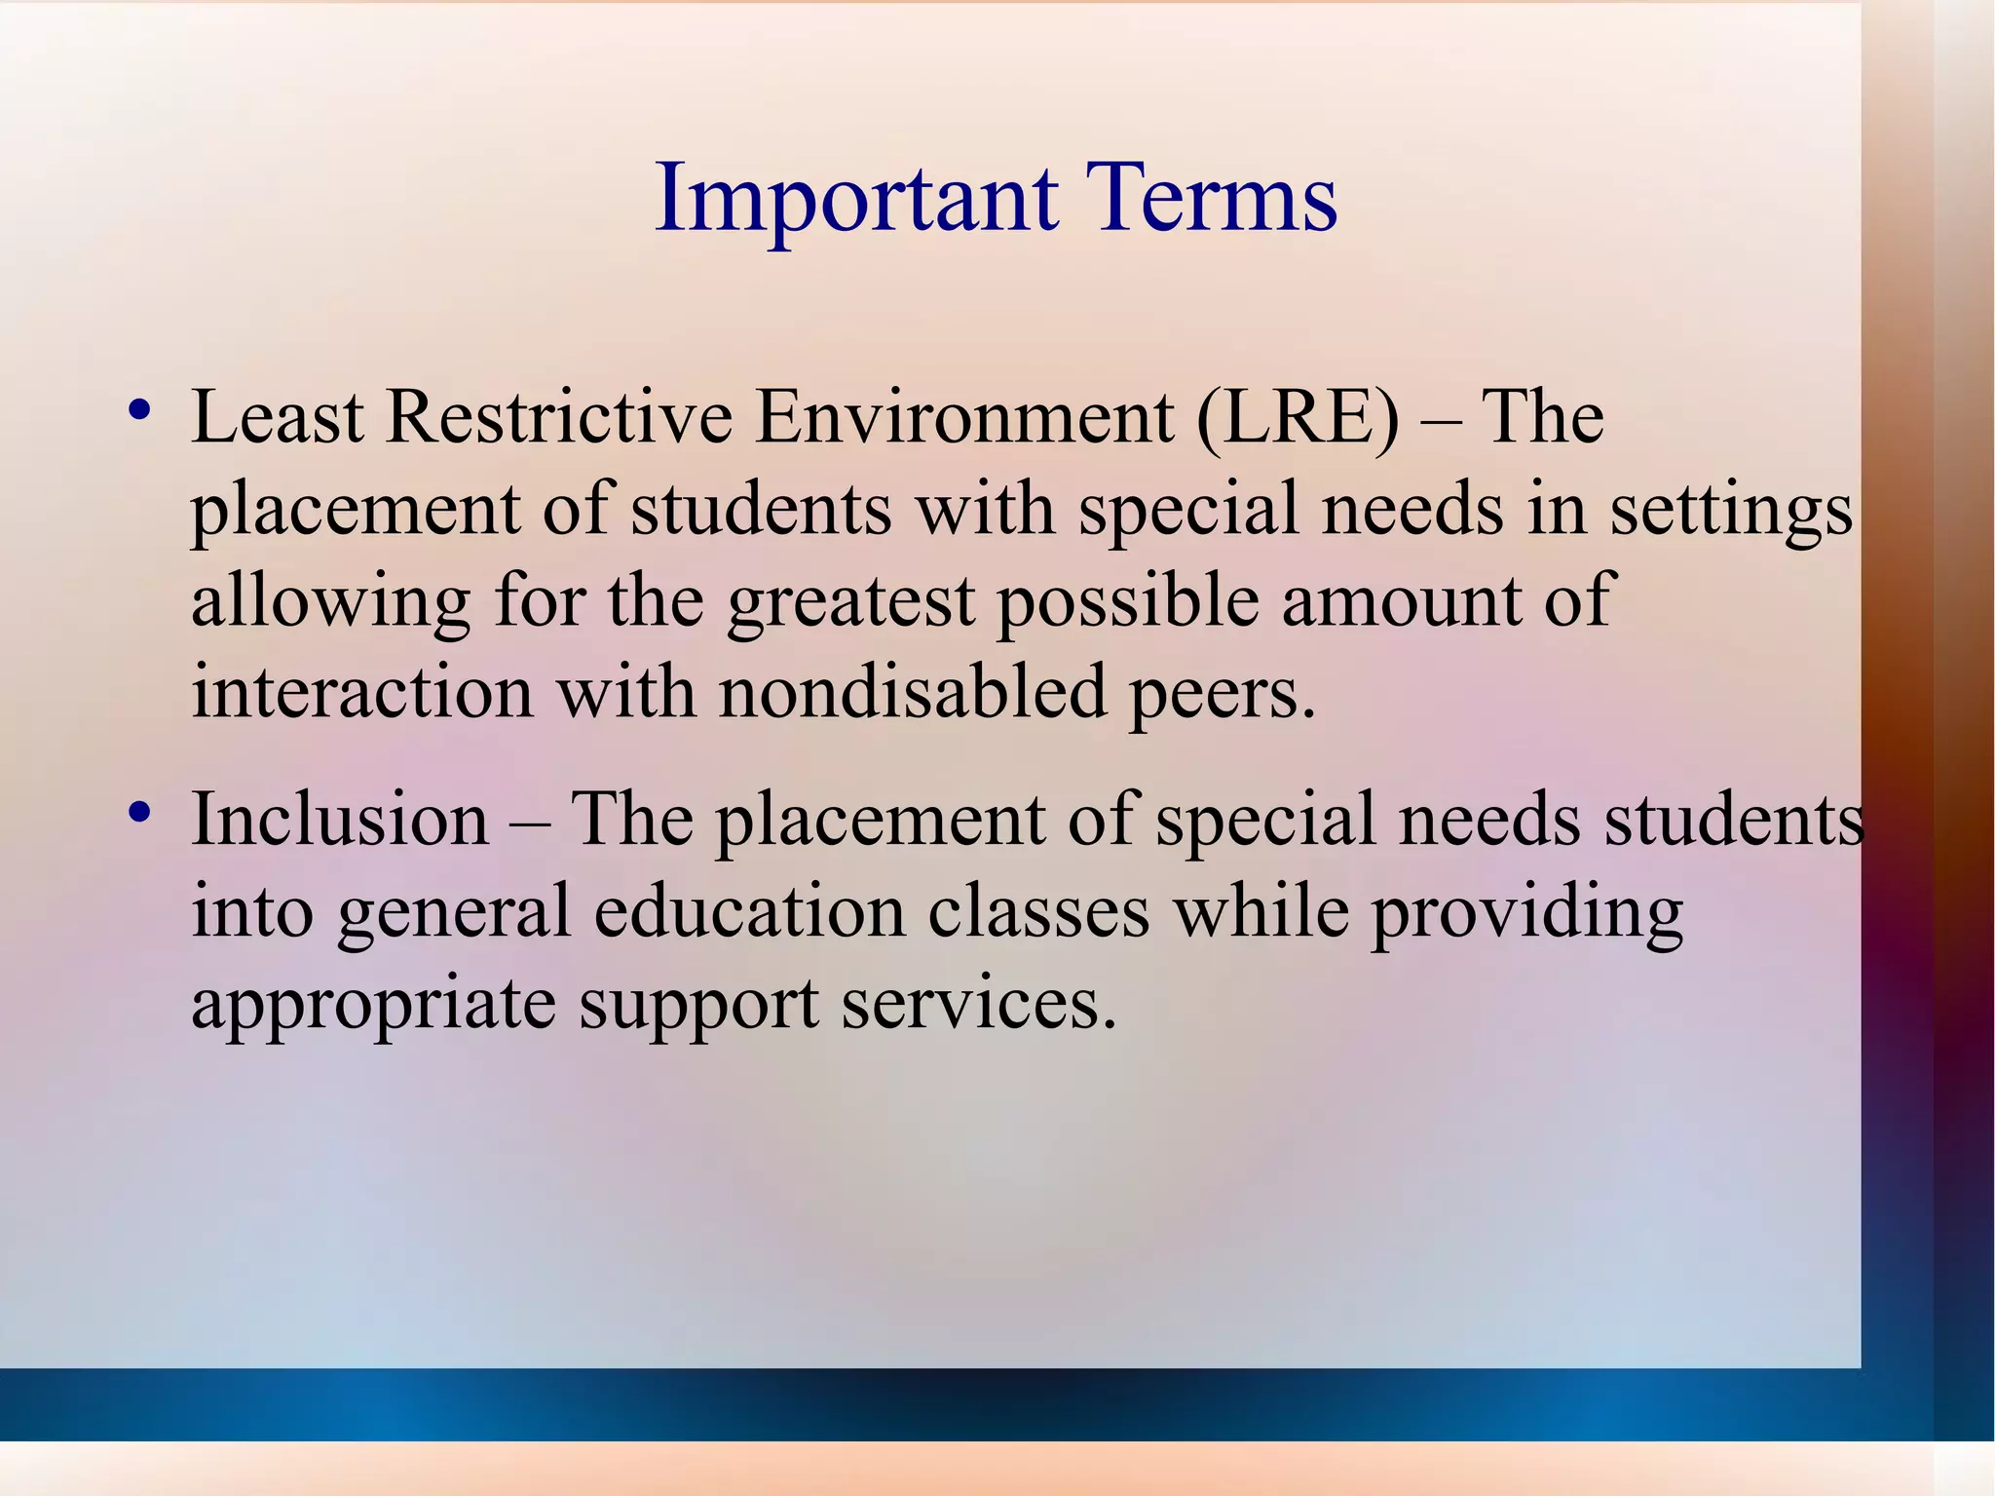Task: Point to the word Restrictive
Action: [x=559, y=417]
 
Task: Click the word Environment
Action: [x=964, y=417]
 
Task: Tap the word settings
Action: [x=1730, y=511]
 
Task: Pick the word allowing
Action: [x=330, y=602]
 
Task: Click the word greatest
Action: [x=850, y=602]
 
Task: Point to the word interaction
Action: [x=361, y=692]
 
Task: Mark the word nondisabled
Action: [x=913, y=692]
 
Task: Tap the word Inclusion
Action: [x=340, y=819]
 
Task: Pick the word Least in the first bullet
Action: [x=278, y=417]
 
